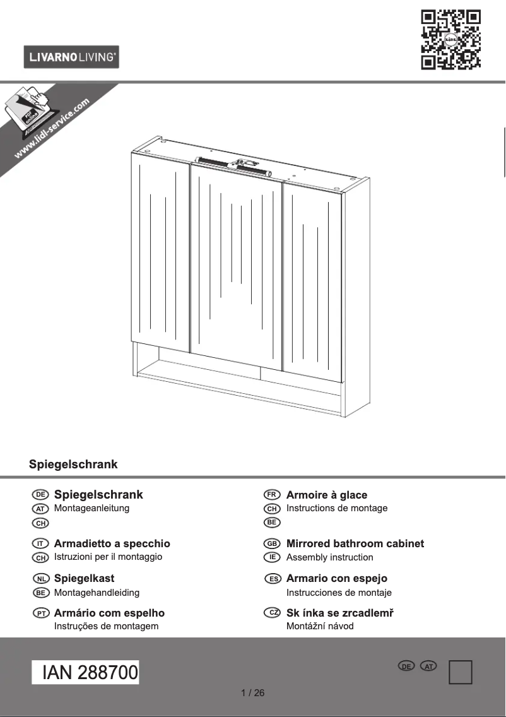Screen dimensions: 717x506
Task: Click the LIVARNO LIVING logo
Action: (x=71, y=57)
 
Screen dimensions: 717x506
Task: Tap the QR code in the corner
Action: (x=450, y=39)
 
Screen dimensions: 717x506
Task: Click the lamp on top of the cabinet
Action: (x=233, y=165)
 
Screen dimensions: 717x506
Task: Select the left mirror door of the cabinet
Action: (x=161, y=252)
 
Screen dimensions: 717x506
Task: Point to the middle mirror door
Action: (x=237, y=265)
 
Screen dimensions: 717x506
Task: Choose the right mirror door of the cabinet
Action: (x=313, y=278)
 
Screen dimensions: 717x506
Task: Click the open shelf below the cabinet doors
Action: (x=240, y=379)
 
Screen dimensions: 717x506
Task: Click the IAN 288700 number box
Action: (x=86, y=673)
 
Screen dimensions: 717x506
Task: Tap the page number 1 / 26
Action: (x=253, y=693)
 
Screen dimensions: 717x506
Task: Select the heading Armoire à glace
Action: (x=326, y=495)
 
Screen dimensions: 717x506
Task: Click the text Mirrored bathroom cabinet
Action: (x=355, y=543)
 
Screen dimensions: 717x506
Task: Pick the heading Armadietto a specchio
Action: (x=112, y=543)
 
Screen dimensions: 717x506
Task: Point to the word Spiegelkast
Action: (x=84, y=578)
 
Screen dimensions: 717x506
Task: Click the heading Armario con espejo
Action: (x=336, y=578)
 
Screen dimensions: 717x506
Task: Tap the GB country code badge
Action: (x=272, y=543)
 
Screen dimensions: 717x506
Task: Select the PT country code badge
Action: (x=40, y=613)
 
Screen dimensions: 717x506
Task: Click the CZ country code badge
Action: (x=272, y=613)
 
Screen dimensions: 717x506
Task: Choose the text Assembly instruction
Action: (x=329, y=557)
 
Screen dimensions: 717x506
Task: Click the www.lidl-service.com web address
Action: (x=52, y=129)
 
